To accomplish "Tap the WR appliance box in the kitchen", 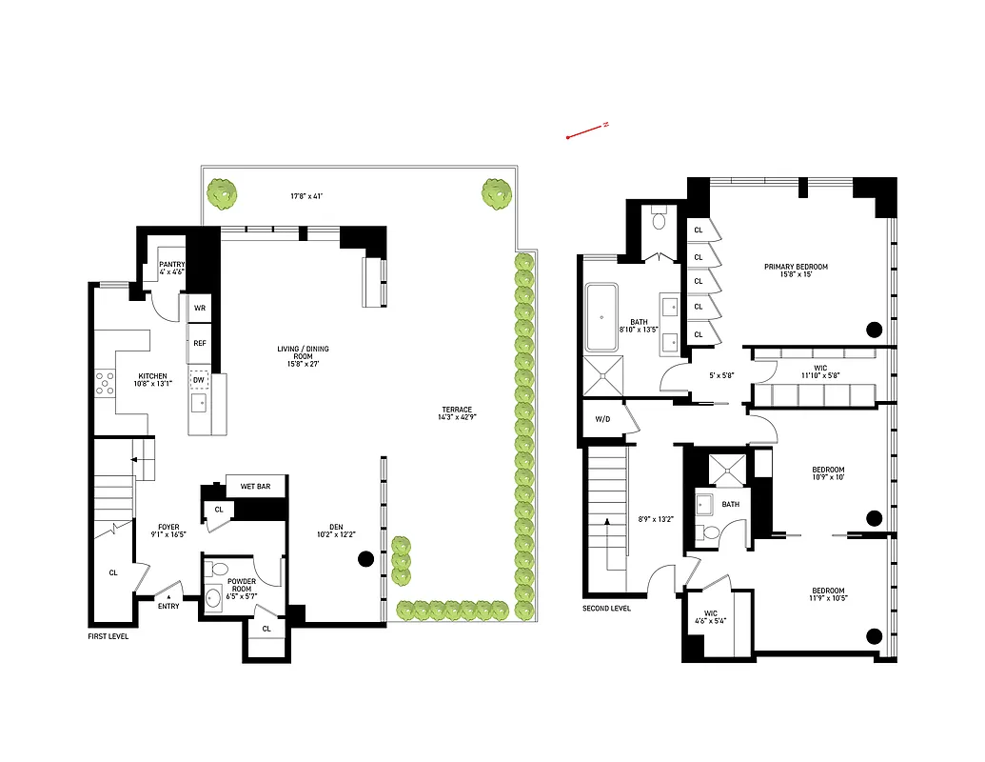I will (x=200, y=309).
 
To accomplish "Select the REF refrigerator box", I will (x=200, y=343).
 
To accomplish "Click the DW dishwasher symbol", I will (x=199, y=379).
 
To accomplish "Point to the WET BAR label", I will (x=255, y=487).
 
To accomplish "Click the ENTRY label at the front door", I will (x=168, y=606).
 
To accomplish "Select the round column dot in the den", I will (x=364, y=560).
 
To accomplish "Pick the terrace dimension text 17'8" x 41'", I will (x=307, y=196).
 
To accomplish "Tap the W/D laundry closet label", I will (x=602, y=419).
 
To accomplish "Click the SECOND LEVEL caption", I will (x=606, y=609).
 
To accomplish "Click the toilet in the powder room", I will (x=216, y=570).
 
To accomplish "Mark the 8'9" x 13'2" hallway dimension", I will (x=655, y=519).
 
